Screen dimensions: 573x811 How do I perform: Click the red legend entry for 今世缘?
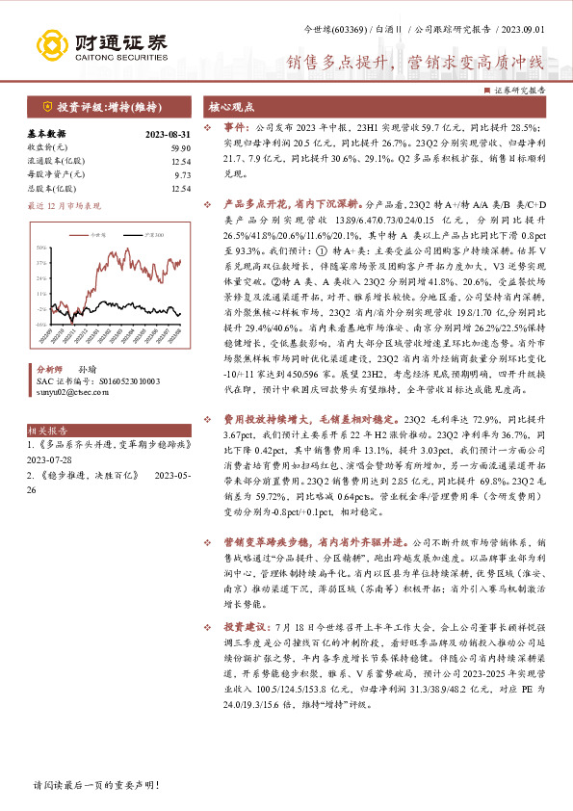coord(92,235)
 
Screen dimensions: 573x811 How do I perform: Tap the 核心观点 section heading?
coord(228,107)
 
